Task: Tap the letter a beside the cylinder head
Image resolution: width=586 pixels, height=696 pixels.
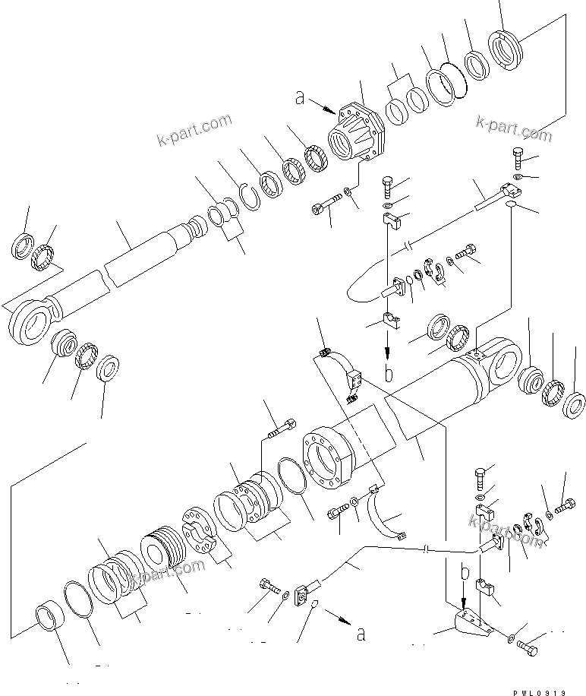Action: pyautogui.click(x=301, y=97)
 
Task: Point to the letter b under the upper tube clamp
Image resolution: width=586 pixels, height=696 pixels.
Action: pyautogui.click(x=389, y=373)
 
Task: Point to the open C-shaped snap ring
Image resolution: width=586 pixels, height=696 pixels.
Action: pyautogui.click(x=250, y=195)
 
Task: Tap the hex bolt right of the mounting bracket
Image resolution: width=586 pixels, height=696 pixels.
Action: pyautogui.click(x=527, y=648)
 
